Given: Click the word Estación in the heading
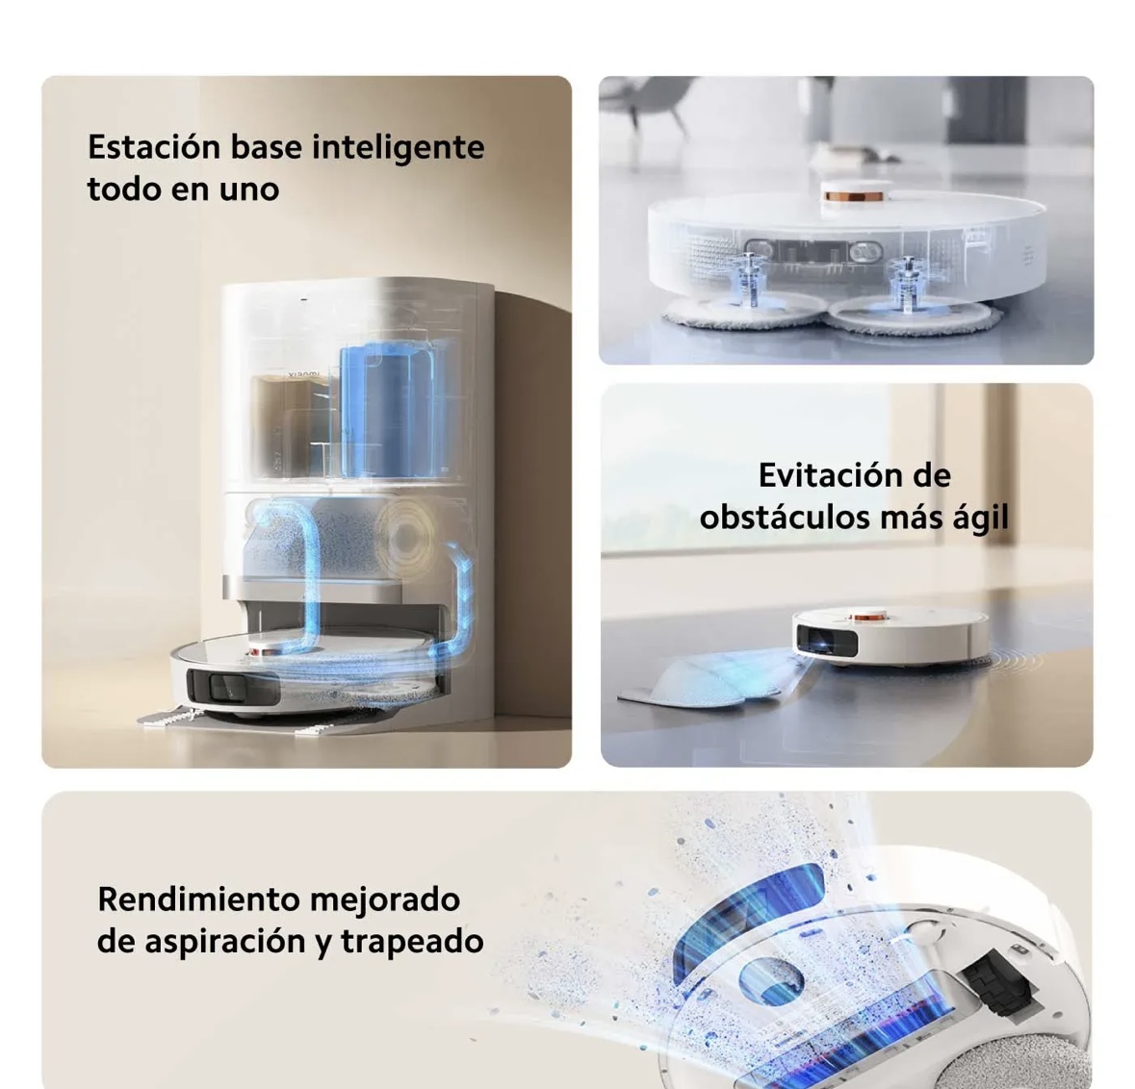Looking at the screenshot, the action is [x=154, y=146].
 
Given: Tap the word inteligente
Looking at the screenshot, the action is [x=399, y=148].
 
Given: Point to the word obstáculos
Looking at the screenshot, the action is [x=785, y=518].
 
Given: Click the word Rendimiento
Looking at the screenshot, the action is [x=198, y=899].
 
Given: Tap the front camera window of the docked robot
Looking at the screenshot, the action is [x=232, y=686].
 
